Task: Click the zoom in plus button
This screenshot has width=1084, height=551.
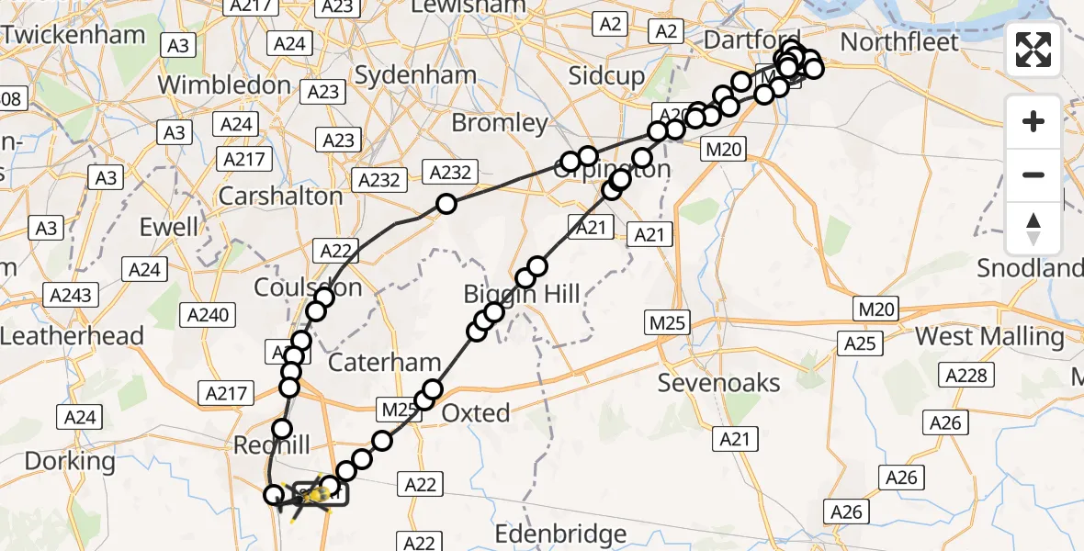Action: coord(1033,122)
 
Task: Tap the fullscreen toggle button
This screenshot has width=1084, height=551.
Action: coord(1033,50)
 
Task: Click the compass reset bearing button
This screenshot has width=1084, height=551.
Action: coord(1033,229)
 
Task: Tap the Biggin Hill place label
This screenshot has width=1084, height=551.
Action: coord(522,295)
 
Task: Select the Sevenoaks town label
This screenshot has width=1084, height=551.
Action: coord(718,383)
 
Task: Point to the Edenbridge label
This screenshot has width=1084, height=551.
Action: coord(560,534)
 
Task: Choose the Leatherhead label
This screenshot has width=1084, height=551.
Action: coord(72,336)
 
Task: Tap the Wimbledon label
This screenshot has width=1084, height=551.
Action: coord(224,85)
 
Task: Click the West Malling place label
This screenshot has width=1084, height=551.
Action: coord(989,337)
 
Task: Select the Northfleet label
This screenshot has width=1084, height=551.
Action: coord(899,42)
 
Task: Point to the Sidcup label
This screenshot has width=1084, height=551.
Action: coord(606,76)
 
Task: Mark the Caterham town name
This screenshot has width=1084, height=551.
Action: coord(385,363)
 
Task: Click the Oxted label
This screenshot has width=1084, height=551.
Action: coord(476,413)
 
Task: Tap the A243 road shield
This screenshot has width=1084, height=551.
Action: coord(71,295)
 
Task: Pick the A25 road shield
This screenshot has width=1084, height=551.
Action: coord(860,343)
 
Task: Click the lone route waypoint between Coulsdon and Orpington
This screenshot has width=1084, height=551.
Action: coord(446,204)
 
